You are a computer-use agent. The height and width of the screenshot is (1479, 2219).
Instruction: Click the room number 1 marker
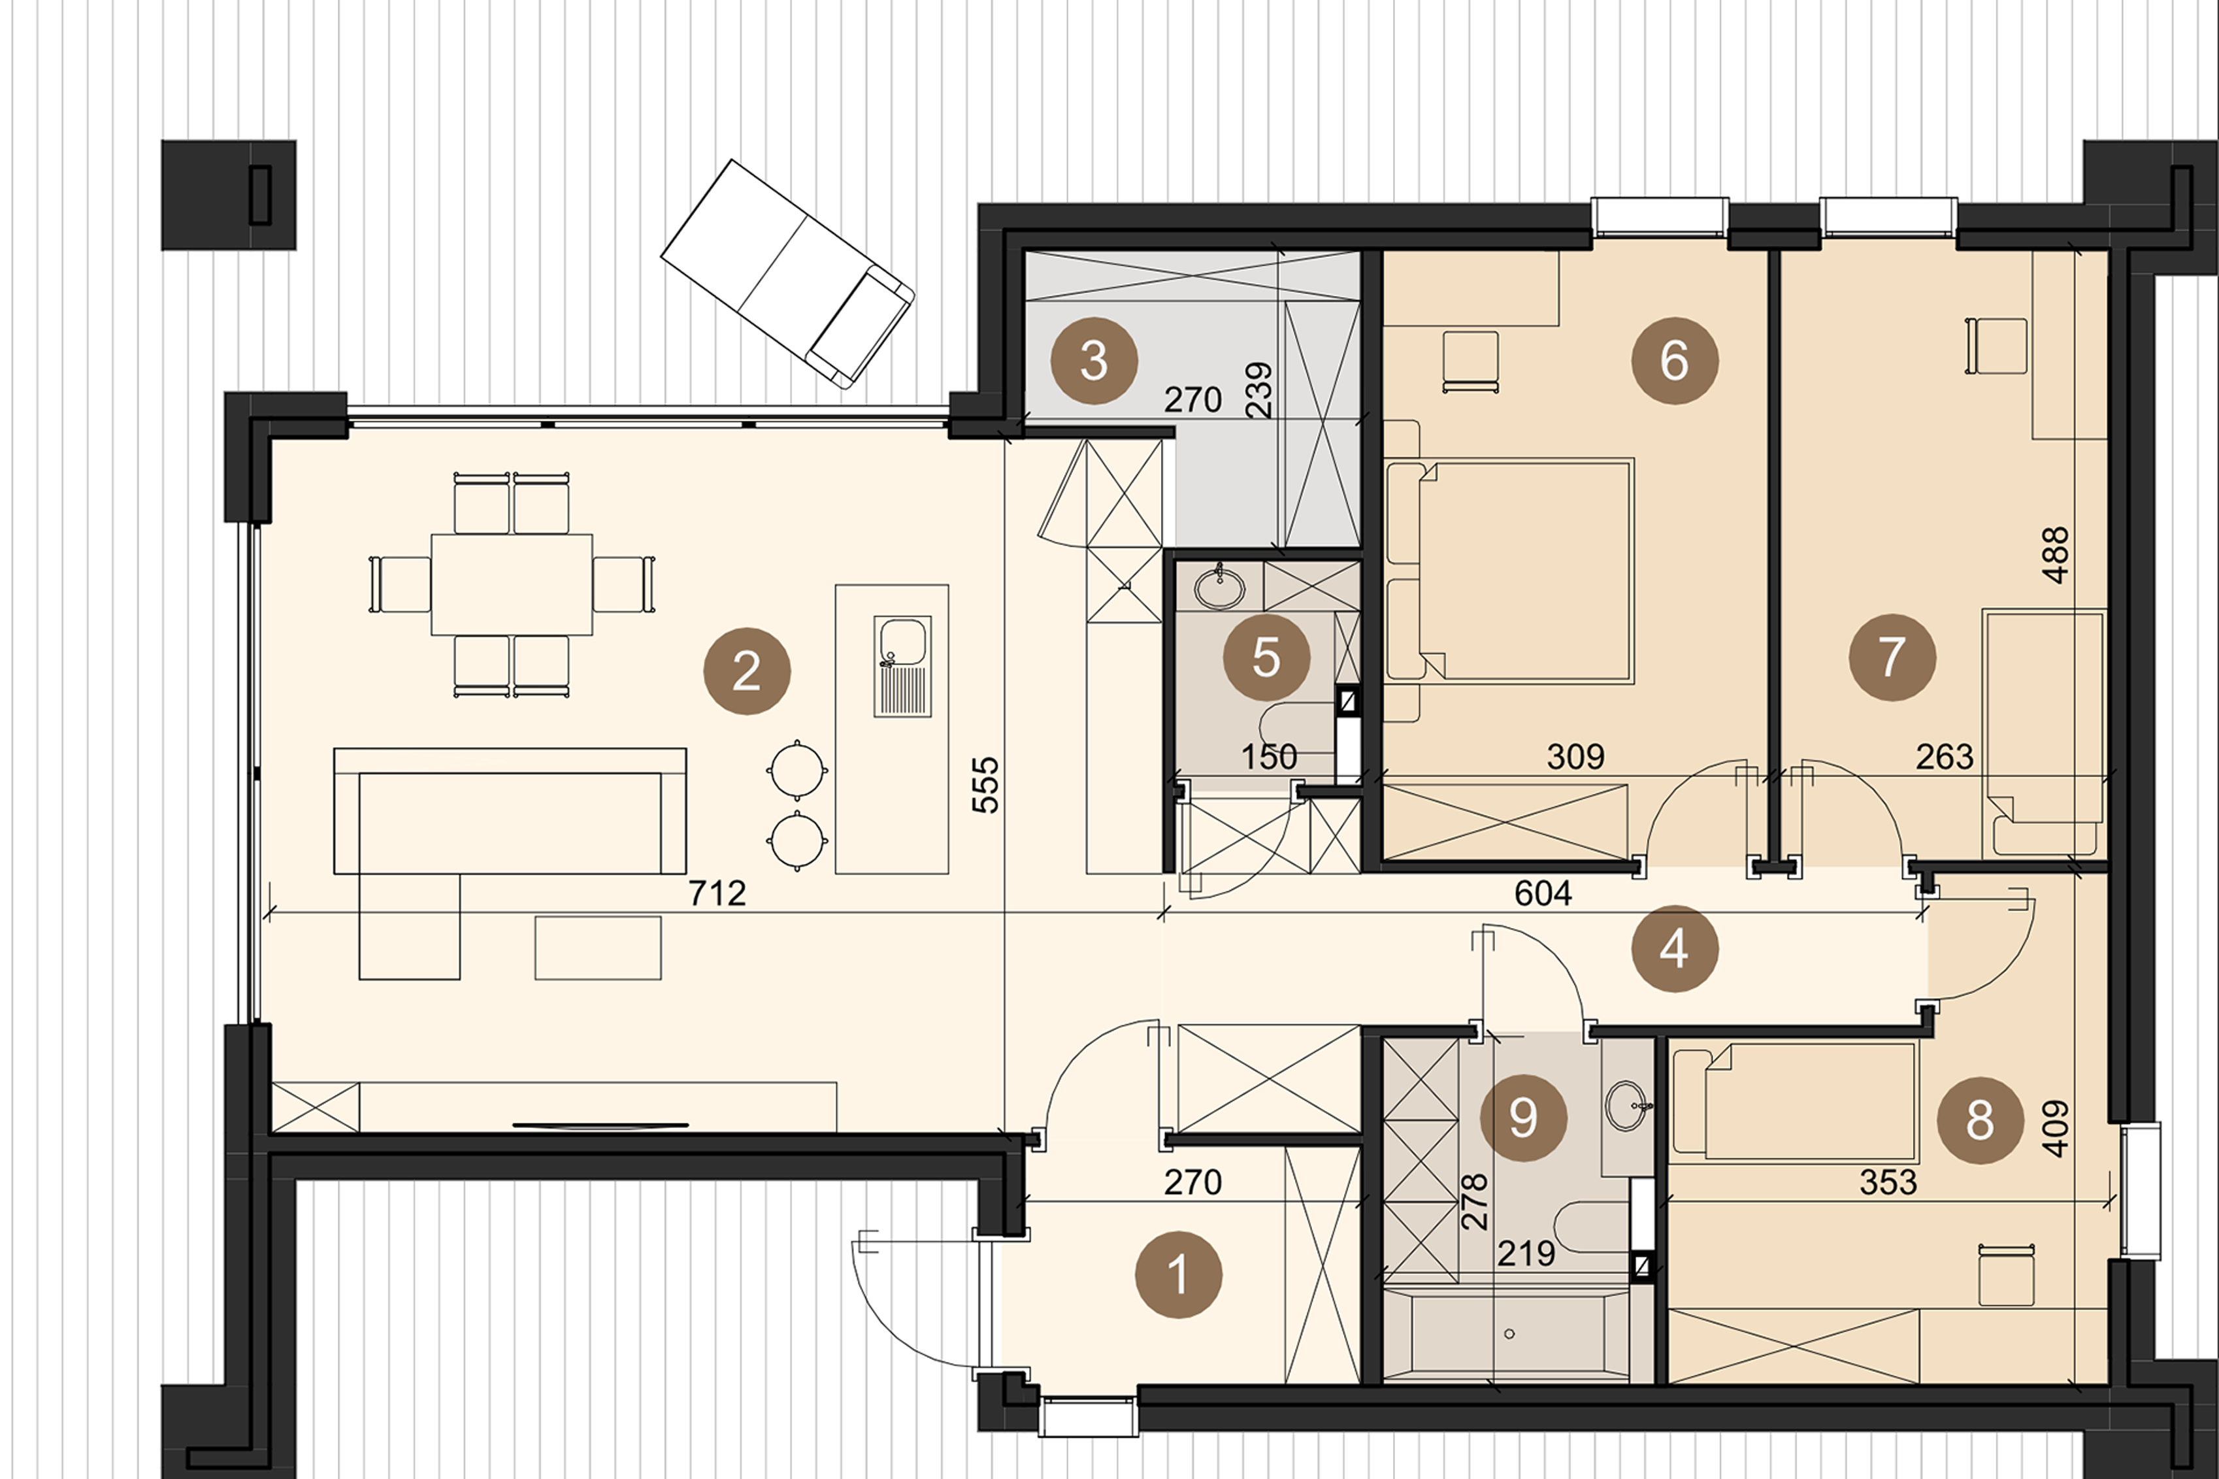pos(1178,1274)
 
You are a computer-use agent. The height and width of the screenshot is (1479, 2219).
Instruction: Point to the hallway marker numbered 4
pos(1674,949)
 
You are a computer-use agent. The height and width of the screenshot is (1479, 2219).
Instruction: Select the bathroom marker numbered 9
pos(1524,1117)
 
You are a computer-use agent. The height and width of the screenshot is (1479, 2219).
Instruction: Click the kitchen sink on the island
pos(902,666)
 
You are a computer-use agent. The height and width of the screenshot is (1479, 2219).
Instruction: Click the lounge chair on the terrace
pos(787,274)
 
